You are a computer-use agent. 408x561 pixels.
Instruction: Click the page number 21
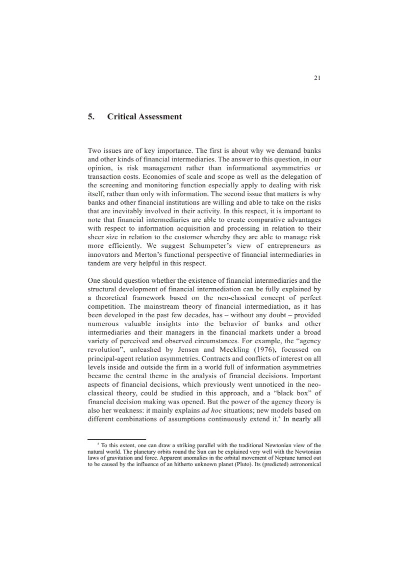tap(317, 77)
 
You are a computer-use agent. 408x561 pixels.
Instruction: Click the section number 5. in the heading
tap(91, 117)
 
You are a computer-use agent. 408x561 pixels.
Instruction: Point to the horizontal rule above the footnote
tap(116, 439)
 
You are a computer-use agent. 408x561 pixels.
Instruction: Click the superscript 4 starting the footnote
tap(98, 444)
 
